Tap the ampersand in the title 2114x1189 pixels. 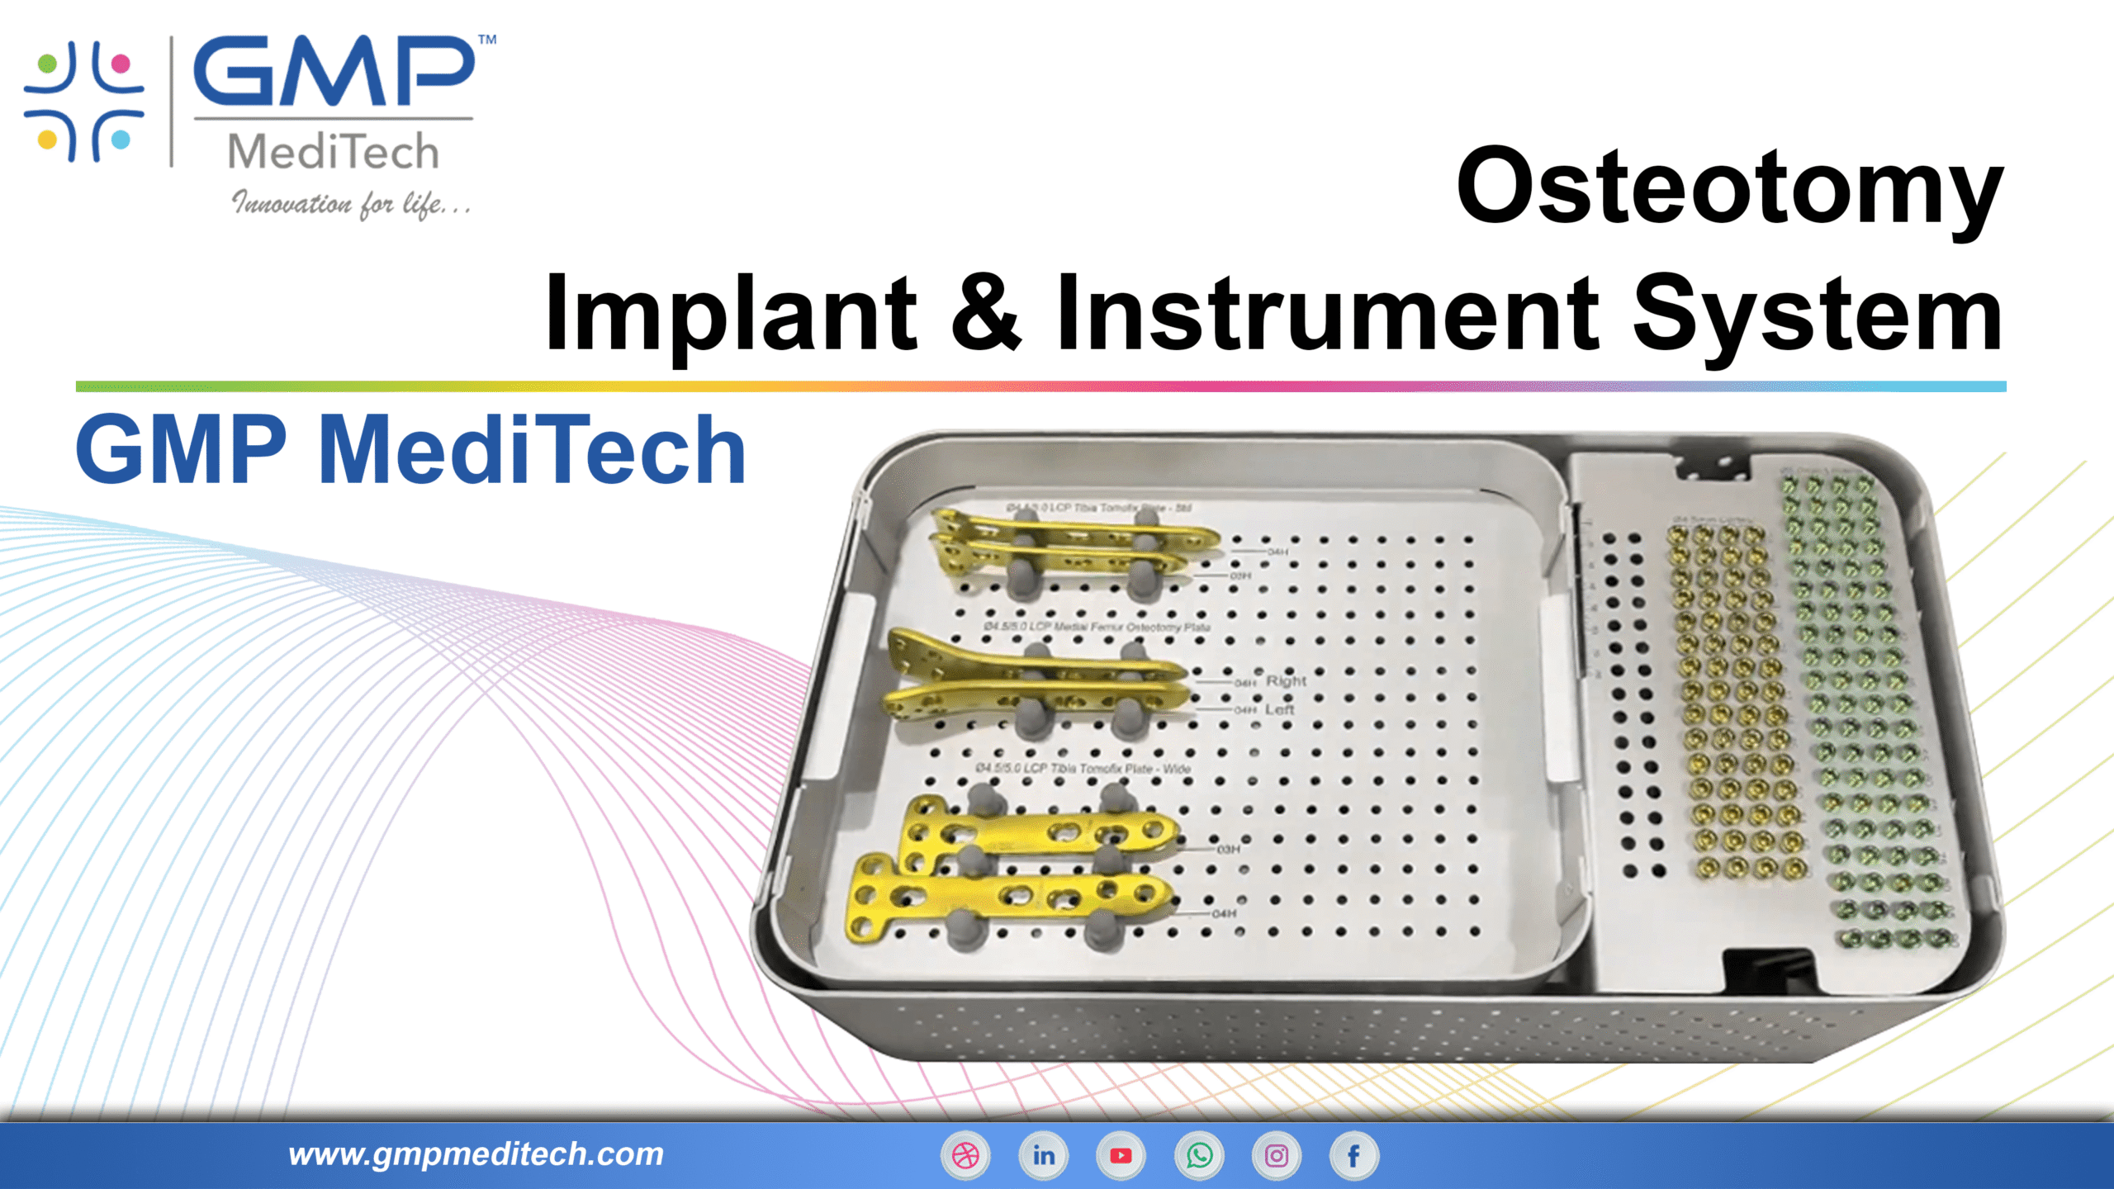[x=986, y=312]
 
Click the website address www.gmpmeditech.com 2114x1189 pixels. [x=476, y=1154]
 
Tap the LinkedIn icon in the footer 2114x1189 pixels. [x=1043, y=1156]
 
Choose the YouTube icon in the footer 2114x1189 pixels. [x=1121, y=1156]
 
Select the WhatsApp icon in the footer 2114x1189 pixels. [x=1199, y=1156]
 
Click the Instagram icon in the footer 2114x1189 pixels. [x=1277, y=1156]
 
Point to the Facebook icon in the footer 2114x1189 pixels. [x=1353, y=1156]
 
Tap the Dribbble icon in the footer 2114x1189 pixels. [x=965, y=1156]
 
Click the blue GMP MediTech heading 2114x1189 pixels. [x=410, y=450]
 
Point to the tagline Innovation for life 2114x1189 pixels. [x=351, y=204]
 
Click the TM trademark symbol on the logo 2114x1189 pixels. [x=487, y=40]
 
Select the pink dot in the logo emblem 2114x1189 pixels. [x=121, y=64]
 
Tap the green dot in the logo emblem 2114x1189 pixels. [x=48, y=64]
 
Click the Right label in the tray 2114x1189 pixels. [x=1286, y=681]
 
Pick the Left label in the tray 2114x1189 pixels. [x=1279, y=709]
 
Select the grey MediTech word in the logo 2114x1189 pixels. [x=333, y=152]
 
